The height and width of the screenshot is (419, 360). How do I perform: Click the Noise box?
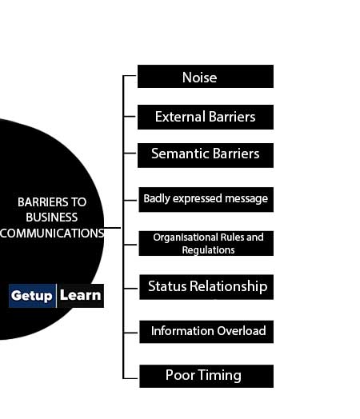206,76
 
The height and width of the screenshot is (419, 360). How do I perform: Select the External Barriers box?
206,117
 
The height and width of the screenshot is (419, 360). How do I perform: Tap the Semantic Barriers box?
206,155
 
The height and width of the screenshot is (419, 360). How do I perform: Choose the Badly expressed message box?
206,200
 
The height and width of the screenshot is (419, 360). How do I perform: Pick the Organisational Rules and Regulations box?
206,243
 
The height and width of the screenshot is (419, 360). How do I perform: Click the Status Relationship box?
206,287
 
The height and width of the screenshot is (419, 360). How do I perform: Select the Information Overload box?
206,332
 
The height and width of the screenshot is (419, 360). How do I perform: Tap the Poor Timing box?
206,376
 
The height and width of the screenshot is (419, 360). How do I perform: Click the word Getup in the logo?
31,296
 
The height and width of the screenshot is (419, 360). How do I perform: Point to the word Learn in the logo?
80,295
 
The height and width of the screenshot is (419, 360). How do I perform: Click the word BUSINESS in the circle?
52,217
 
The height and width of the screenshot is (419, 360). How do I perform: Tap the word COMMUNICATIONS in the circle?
52,233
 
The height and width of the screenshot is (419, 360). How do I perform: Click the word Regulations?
208,250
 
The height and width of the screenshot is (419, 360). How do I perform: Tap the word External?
180,117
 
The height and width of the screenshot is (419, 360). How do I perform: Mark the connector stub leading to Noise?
130,76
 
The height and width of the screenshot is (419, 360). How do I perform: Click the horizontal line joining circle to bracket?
113,228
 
